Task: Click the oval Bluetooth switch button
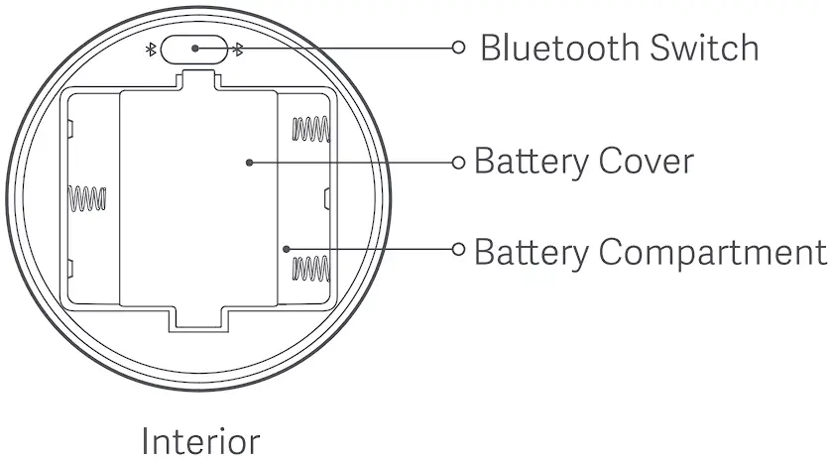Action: (192, 48)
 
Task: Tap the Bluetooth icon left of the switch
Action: (151, 49)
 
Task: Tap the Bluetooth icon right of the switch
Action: (236, 49)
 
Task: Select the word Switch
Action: (706, 48)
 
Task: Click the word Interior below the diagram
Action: (201, 440)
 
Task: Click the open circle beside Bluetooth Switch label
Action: (458, 47)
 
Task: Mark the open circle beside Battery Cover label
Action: (458, 161)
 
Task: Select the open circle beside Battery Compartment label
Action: (458, 249)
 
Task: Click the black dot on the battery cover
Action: (248, 161)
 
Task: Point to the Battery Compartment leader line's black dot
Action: (286, 249)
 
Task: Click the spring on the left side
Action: (85, 199)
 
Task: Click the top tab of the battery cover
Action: (197, 85)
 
